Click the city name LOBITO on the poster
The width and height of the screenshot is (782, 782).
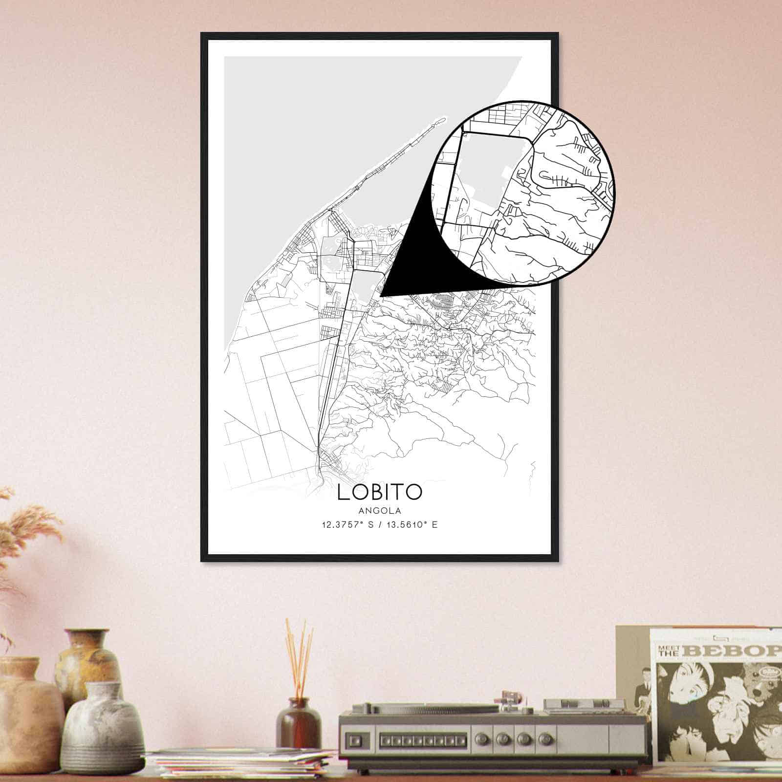click(x=379, y=492)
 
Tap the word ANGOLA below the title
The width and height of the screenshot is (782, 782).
click(x=379, y=511)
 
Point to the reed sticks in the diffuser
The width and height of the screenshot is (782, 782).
click(x=299, y=655)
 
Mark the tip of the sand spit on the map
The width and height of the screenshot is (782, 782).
click(x=442, y=118)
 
